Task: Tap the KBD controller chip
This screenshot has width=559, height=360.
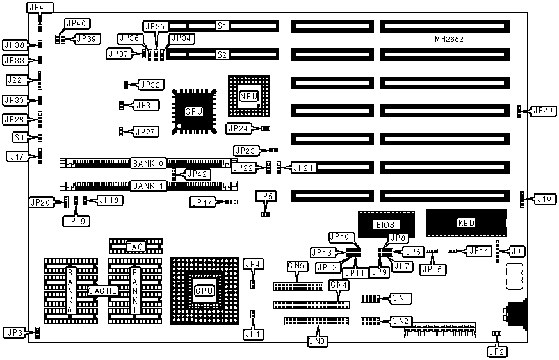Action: click(x=466, y=224)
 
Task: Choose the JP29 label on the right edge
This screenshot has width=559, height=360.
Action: click(x=542, y=111)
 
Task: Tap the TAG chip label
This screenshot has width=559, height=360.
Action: click(x=135, y=246)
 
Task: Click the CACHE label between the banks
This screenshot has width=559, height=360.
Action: click(x=102, y=291)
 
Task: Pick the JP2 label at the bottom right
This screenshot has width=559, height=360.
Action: click(x=496, y=350)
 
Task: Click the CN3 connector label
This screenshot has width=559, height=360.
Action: click(x=317, y=341)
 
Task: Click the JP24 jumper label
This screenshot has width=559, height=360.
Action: click(x=238, y=128)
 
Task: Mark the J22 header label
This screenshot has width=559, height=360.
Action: click(x=14, y=79)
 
